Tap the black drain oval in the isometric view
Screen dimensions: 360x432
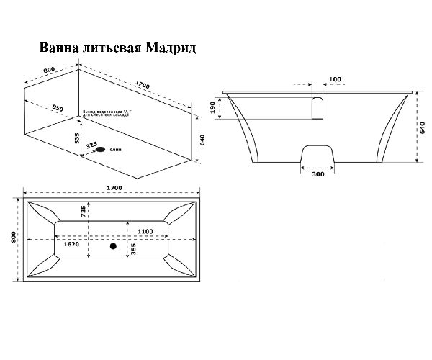coord(101,150)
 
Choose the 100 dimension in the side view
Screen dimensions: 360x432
coord(334,78)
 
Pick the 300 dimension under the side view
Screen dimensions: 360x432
coord(317,174)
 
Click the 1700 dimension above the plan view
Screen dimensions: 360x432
coord(113,188)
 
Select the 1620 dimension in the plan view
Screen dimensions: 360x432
coord(70,244)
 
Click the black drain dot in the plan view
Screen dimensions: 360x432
coord(112,246)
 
